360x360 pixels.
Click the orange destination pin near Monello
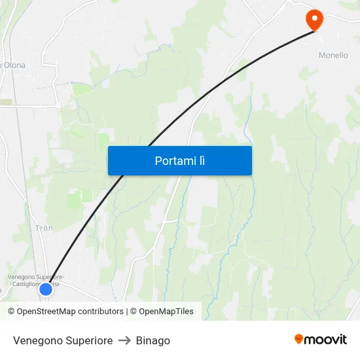click(315, 18)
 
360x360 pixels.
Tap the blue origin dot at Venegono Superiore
click(46, 289)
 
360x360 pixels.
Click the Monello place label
click(333, 56)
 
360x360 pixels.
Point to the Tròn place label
click(45, 228)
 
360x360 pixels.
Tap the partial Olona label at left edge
click(12, 65)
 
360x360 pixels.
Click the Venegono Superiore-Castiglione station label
click(35, 280)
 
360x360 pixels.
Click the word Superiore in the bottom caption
click(88, 340)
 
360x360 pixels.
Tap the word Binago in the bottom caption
click(153, 340)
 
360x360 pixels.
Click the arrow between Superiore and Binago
click(124, 340)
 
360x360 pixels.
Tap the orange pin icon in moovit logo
click(299, 339)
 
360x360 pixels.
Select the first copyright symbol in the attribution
click(12, 312)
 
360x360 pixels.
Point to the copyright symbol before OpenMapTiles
click(134, 312)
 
